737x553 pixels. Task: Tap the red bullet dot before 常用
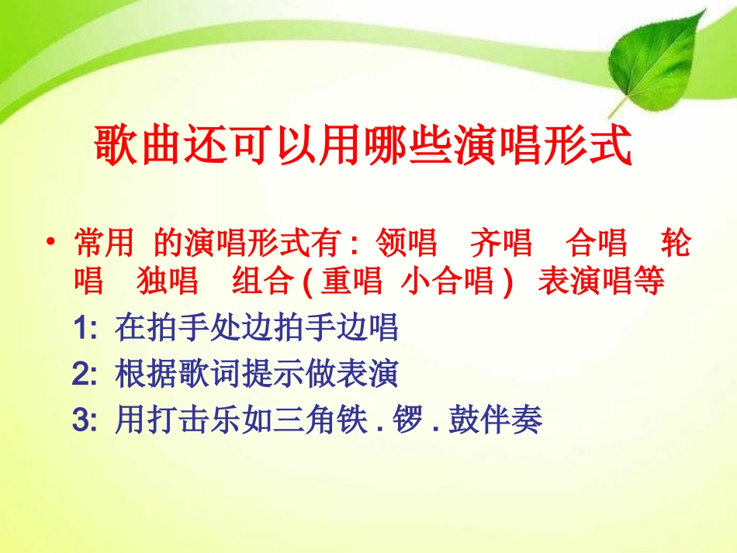(51, 244)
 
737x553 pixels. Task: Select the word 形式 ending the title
(597, 144)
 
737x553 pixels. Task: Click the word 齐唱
(501, 244)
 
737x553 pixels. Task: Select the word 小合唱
(448, 282)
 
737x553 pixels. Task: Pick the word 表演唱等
(601, 282)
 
